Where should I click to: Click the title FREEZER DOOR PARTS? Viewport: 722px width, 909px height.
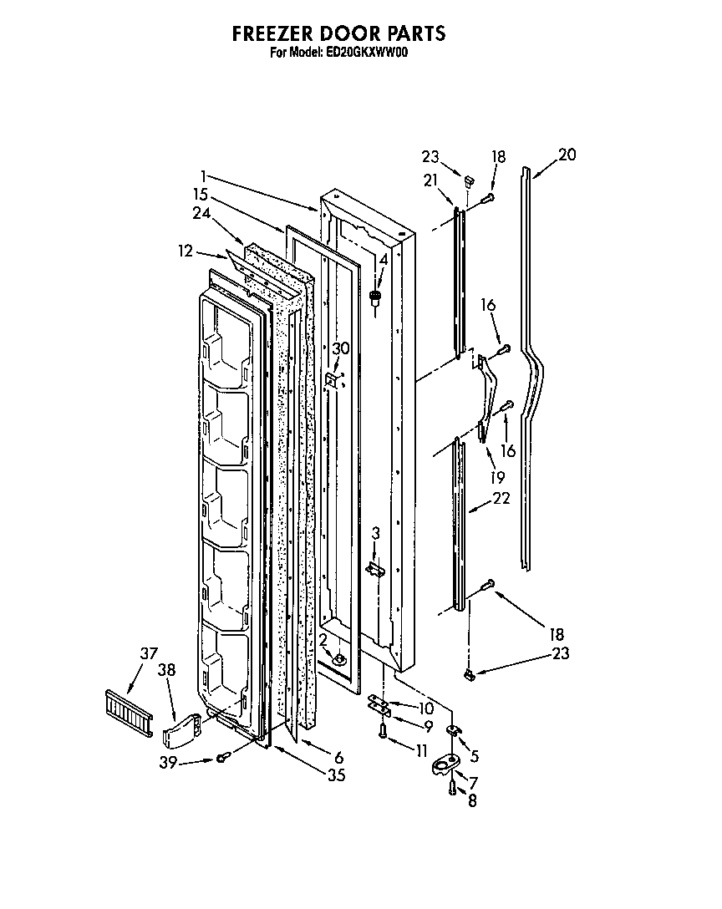(x=338, y=33)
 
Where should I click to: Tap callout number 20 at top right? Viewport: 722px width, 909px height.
(x=567, y=155)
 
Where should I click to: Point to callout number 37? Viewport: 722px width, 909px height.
(x=148, y=653)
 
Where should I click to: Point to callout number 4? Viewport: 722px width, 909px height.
(x=383, y=260)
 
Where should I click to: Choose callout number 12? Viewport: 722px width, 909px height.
(x=186, y=250)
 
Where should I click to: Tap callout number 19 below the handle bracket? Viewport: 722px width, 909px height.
(x=496, y=479)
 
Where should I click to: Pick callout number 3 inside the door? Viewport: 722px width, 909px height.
(x=376, y=532)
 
